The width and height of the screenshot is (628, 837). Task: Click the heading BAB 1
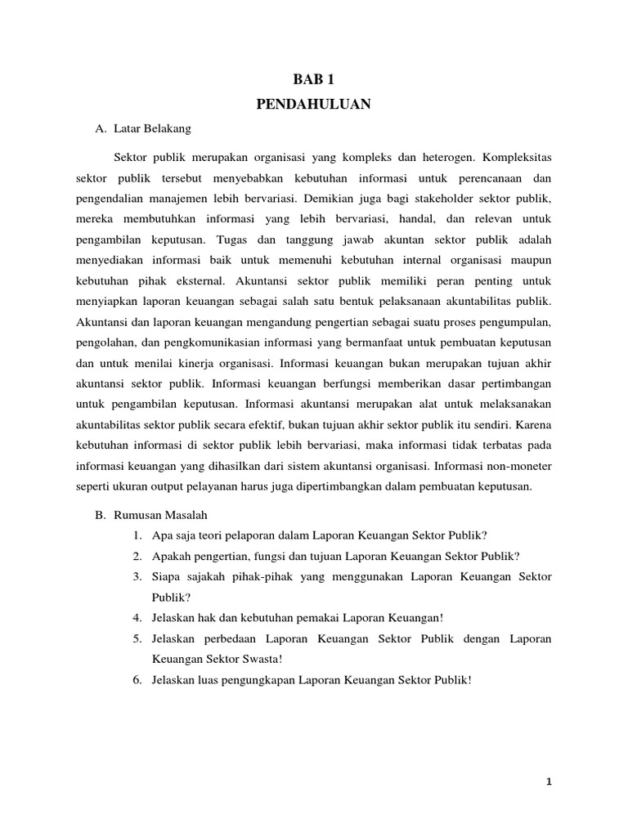(314, 80)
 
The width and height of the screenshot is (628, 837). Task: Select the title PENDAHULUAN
(314, 104)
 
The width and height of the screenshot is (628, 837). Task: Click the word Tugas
(236, 241)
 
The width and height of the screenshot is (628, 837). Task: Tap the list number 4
(136, 617)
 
